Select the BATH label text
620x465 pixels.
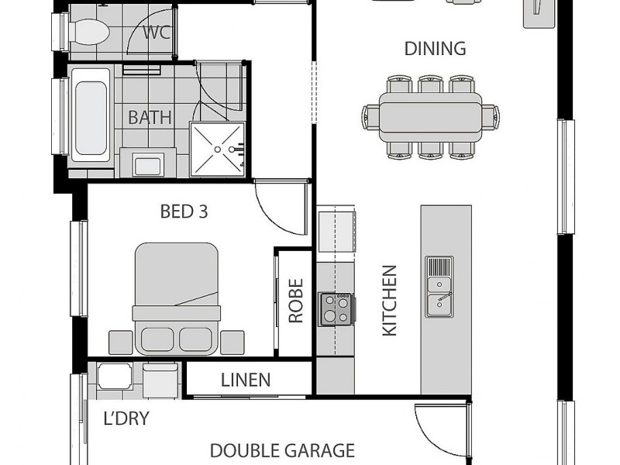tap(150, 118)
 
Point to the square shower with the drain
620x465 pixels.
tap(218, 148)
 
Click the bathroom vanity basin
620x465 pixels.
tap(147, 165)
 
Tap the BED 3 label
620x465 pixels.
tap(184, 211)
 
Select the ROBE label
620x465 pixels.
tap(295, 301)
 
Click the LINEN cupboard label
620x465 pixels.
tap(246, 380)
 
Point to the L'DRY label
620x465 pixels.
tap(126, 419)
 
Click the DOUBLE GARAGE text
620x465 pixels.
tap(282, 450)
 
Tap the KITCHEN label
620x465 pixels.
tap(389, 301)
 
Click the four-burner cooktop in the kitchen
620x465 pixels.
tap(336, 308)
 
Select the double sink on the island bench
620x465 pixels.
tap(439, 286)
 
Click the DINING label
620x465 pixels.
tap(435, 49)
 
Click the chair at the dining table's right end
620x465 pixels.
tap(491, 117)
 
